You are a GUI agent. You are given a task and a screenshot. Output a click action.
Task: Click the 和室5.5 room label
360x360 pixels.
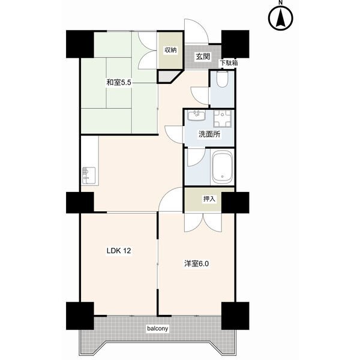pyautogui.click(x=118, y=82)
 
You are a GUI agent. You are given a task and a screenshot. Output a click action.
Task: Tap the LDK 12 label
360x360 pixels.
pyautogui.click(x=119, y=251)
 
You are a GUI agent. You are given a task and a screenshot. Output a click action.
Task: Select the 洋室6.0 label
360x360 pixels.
pyautogui.click(x=196, y=264)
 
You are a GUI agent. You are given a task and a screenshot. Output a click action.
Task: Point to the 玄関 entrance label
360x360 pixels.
pyautogui.click(x=203, y=56)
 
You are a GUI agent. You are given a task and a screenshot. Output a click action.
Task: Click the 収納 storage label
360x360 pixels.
pyautogui.click(x=170, y=50)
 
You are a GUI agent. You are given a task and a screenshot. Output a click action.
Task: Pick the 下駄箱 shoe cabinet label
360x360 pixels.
pyautogui.click(x=229, y=63)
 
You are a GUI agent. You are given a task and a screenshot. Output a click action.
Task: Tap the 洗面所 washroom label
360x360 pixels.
pyautogui.click(x=209, y=134)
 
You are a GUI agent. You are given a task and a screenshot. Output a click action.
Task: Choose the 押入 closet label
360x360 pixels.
pyautogui.click(x=209, y=199)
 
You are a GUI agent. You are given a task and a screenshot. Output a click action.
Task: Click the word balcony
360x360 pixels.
pyautogui.click(x=157, y=329)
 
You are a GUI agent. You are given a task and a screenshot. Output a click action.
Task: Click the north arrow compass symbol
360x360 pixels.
pyautogui.click(x=281, y=19)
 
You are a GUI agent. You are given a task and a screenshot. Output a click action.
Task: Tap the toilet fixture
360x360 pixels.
pyautogui.click(x=222, y=79)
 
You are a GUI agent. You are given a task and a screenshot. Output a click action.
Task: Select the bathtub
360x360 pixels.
pyautogui.click(x=223, y=167)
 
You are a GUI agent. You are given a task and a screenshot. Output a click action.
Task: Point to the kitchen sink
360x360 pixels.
pyautogui.click(x=89, y=176)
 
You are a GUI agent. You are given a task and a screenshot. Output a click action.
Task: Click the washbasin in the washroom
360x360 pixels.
pyautogui.click(x=196, y=115)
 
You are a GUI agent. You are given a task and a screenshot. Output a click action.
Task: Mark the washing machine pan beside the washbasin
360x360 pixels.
pyautogui.click(x=223, y=118)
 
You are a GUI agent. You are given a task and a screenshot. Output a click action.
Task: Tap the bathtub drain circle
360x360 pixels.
pyautogui.click(x=222, y=176)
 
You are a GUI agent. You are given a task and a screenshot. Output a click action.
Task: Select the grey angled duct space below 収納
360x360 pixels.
pyautogui.click(x=168, y=76)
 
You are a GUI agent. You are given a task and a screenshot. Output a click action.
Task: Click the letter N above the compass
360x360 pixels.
pyautogui.click(x=281, y=3)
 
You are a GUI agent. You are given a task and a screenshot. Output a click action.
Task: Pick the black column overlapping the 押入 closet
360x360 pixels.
pyautogui.click(x=235, y=203)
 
